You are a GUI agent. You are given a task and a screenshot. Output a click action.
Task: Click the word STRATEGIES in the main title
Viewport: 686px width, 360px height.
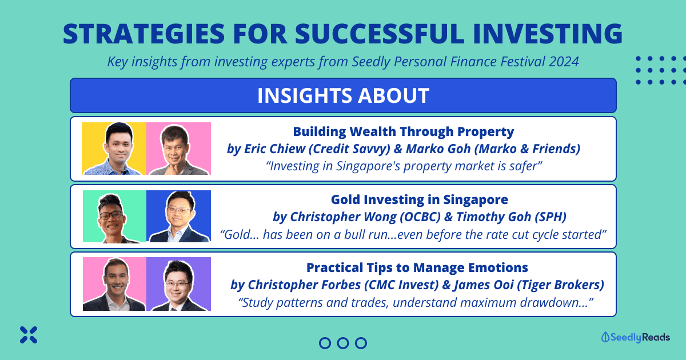(144, 34)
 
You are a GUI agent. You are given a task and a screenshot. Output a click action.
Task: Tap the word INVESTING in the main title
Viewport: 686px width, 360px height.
(548, 34)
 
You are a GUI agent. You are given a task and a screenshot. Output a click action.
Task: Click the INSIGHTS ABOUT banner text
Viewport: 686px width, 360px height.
(343, 95)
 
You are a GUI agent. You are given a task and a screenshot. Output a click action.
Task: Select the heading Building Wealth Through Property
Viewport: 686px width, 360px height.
(404, 131)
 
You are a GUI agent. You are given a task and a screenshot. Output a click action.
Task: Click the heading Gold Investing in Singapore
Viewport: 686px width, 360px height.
(419, 199)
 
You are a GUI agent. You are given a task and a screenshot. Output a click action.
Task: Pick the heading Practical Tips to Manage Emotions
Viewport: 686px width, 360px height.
(417, 267)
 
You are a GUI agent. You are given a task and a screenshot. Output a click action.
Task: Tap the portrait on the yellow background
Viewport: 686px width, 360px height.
(114, 149)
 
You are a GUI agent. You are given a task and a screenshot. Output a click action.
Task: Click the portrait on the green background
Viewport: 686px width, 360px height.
(114, 217)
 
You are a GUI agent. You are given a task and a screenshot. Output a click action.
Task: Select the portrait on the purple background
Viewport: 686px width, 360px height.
(178, 284)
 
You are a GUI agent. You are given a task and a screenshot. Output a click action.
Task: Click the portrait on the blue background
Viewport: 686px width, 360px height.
(178, 217)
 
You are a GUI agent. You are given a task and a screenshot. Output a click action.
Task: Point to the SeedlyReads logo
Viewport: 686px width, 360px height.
(636, 337)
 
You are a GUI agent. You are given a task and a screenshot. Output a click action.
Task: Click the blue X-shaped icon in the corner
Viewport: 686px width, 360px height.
(29, 335)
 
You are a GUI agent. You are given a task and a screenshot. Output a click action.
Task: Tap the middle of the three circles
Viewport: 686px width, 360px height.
(343, 343)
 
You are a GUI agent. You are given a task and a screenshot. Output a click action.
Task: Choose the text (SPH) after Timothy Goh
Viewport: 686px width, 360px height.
(551, 217)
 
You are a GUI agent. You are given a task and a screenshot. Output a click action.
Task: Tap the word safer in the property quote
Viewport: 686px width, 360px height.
(524, 166)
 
